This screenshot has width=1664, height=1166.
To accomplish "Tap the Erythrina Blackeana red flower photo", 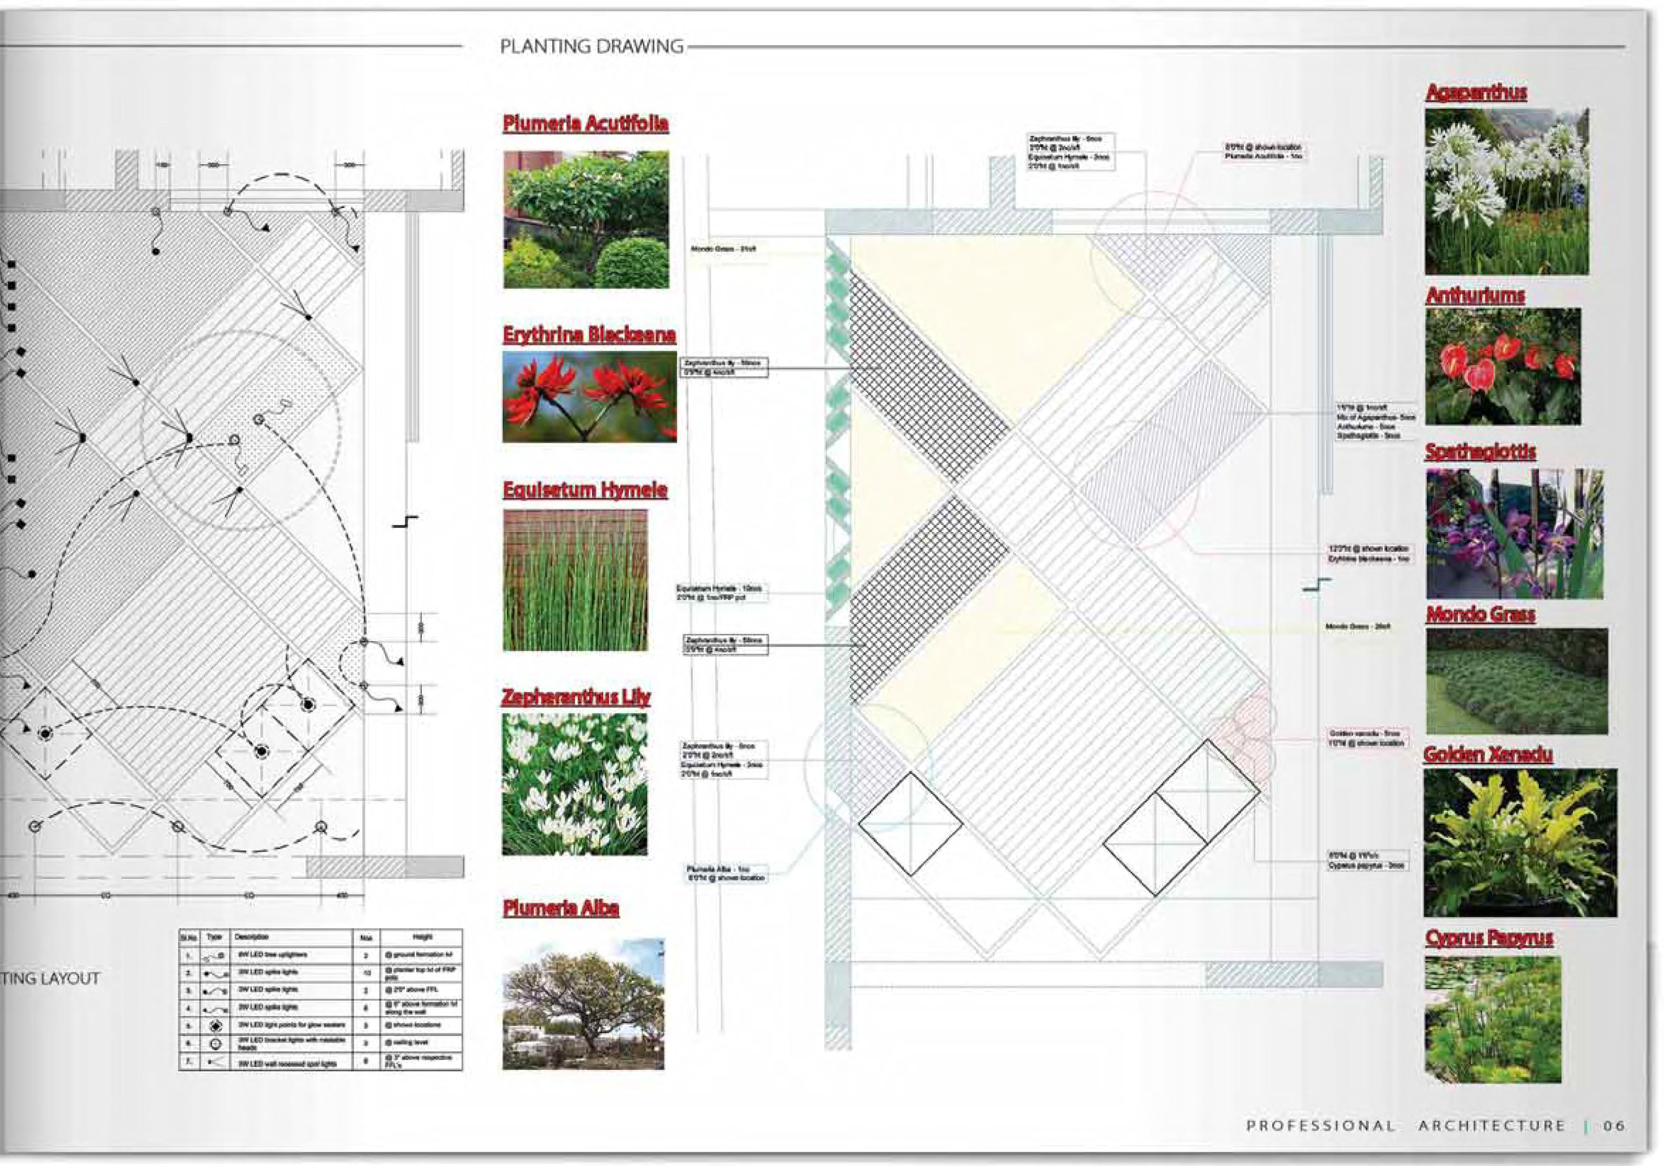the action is coord(589,397).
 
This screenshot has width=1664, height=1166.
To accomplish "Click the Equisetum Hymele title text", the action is coord(585,490).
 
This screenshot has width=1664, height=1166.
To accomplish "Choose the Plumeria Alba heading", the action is coord(561,908).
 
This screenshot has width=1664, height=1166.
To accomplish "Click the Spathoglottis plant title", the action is coord(1480,452).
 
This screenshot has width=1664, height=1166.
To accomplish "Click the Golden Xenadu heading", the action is coord(1488,755).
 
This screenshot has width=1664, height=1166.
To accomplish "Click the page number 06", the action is coord(1614,1125).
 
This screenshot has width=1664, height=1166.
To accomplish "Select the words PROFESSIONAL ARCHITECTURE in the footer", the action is coord(1405,1125).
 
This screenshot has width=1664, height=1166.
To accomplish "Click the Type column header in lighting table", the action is coord(214,937).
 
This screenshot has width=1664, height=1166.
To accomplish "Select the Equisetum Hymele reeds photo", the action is coord(575,580).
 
